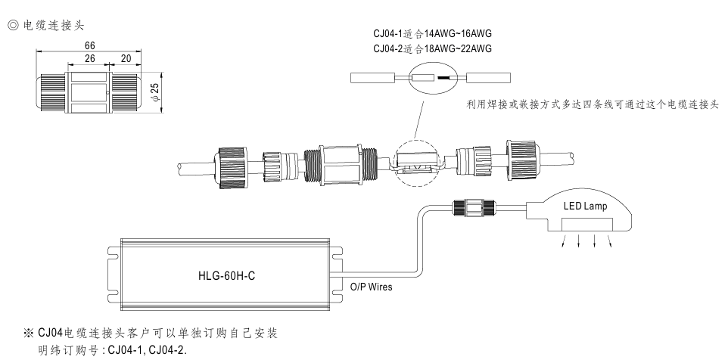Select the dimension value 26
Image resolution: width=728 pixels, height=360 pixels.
click(x=89, y=57)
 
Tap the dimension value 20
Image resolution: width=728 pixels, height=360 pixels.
click(x=125, y=57)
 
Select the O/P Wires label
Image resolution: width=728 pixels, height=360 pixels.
click(x=371, y=287)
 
